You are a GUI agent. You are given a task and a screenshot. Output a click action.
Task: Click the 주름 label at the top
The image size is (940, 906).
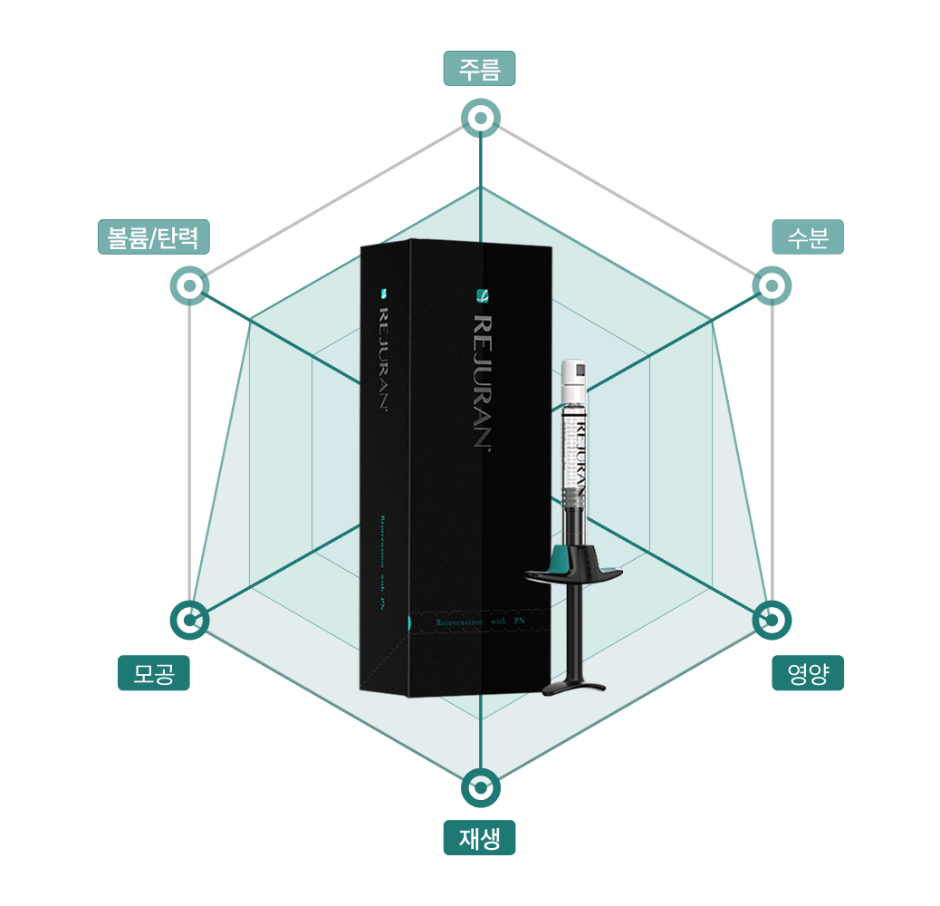click(479, 69)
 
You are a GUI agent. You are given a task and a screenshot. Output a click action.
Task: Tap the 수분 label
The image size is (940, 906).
click(808, 237)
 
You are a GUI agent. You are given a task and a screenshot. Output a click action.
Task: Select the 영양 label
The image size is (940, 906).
click(808, 673)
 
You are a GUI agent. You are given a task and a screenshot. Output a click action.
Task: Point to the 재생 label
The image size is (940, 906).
click(479, 838)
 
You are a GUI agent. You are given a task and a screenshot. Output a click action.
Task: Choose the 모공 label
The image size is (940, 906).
click(154, 673)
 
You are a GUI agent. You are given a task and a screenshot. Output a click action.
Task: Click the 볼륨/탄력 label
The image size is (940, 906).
click(154, 237)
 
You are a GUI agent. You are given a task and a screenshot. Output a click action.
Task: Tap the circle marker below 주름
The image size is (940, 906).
click(480, 118)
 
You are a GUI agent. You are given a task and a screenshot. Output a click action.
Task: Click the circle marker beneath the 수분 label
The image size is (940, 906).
click(772, 286)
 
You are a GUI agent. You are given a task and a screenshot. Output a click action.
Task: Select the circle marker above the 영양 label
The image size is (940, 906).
click(772, 621)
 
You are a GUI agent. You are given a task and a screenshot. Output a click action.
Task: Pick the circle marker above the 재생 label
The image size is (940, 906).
click(480, 788)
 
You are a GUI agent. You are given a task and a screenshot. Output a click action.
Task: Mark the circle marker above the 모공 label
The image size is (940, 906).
click(189, 621)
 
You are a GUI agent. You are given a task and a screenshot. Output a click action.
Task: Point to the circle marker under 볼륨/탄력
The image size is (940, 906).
click(189, 286)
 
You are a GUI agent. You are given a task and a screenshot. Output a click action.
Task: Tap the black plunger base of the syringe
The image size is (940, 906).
click(573, 685)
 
